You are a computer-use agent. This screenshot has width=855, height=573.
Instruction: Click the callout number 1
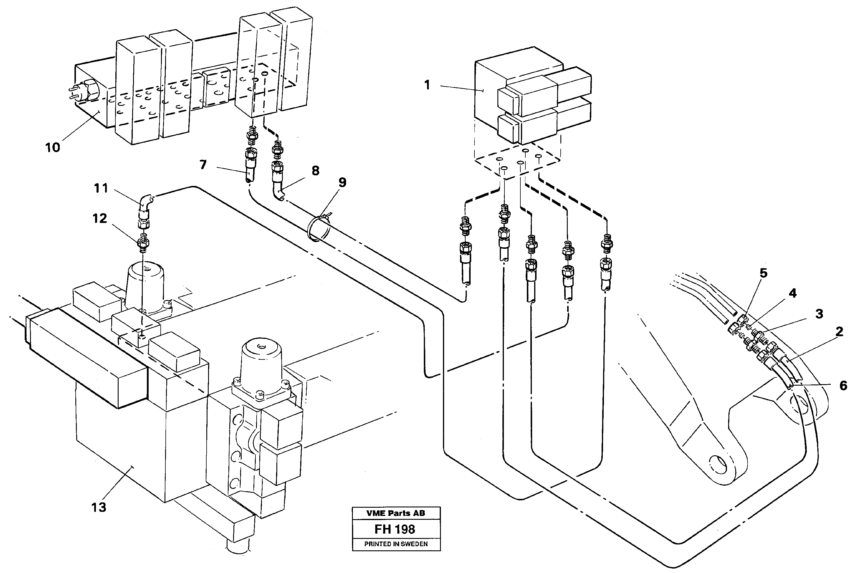tap(427, 85)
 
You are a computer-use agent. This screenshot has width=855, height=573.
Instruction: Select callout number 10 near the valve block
tap(52, 148)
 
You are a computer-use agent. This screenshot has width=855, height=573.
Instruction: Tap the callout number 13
tap(98, 507)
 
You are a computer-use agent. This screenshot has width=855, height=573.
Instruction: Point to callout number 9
tap(342, 182)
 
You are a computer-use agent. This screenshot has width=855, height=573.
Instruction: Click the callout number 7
tap(203, 165)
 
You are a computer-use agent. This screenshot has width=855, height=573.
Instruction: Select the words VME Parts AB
tap(396, 513)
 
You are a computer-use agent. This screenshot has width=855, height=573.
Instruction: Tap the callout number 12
tap(99, 219)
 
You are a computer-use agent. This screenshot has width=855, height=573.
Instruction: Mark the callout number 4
tap(792, 293)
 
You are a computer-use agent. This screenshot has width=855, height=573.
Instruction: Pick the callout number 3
tap(819, 314)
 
